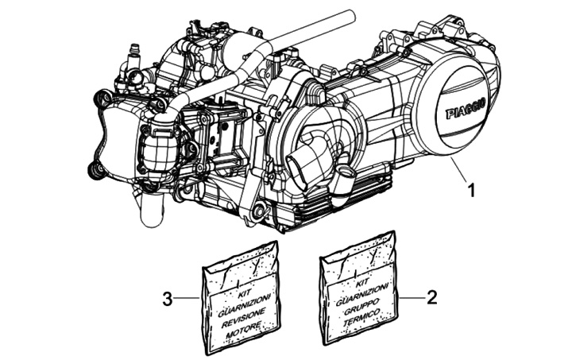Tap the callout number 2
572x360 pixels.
click(x=432, y=298)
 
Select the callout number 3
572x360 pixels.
click(x=167, y=299)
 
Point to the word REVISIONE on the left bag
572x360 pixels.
click(x=241, y=310)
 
